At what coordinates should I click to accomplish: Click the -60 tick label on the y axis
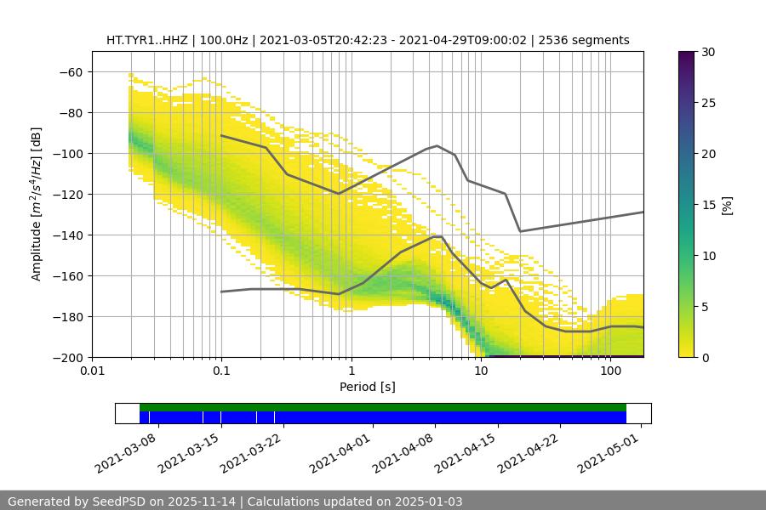pos(70,72)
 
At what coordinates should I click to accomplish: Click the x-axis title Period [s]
pos(368,387)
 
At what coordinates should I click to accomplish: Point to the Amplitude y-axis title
pos(37,204)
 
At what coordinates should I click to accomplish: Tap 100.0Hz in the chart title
pos(226,40)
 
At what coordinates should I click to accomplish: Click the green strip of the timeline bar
pos(383,407)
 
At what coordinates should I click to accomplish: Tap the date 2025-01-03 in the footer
pos(430,501)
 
